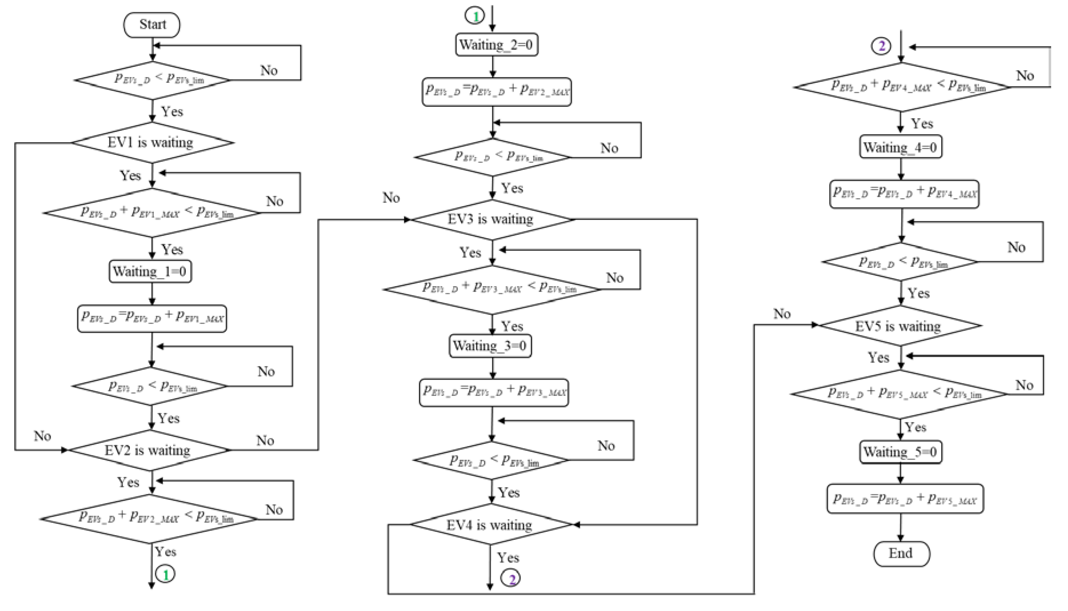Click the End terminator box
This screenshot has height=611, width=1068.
pyautogui.click(x=901, y=554)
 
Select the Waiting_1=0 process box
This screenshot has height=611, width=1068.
pyautogui.click(x=150, y=272)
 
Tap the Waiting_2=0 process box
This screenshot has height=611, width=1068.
pyautogui.click(x=496, y=45)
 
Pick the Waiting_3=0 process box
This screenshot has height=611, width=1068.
pyautogui.click(x=490, y=346)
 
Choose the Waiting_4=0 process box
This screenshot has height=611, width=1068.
pyautogui.click(x=901, y=147)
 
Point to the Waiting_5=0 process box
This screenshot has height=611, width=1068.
pyautogui.click(x=901, y=452)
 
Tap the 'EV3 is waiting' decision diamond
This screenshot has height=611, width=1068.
pyautogui.click(x=492, y=219)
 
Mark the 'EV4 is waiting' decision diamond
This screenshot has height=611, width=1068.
pyautogui.click(x=490, y=524)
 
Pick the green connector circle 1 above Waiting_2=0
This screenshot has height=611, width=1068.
pyautogui.click(x=475, y=16)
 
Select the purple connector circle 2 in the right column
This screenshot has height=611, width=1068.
pyautogui.click(x=881, y=46)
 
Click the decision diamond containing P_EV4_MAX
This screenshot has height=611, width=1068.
pyautogui.click(x=901, y=87)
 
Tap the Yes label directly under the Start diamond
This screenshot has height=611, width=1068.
pyautogui.click(x=172, y=112)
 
